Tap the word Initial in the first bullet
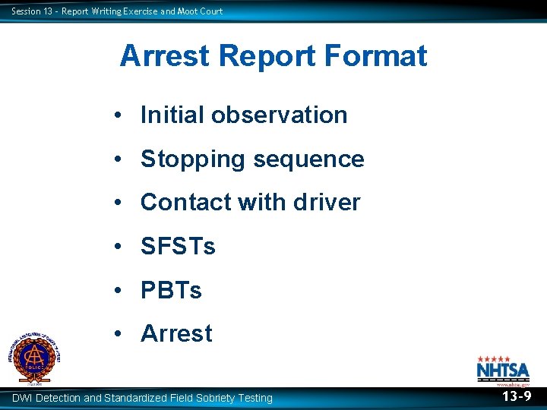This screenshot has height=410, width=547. point(172,115)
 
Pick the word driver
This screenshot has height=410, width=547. point(326,203)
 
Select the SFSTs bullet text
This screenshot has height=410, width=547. point(178,247)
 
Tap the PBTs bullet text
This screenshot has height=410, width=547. point(171,290)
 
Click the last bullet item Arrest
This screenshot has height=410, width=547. point(176,333)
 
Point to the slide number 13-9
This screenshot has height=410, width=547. point(516,396)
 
